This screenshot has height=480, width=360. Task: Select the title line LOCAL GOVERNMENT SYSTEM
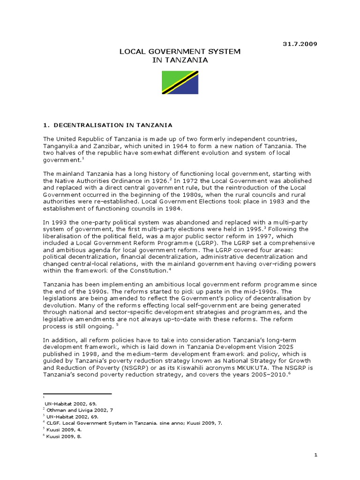tap(180, 52)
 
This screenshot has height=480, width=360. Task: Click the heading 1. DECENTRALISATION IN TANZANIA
tap(107, 125)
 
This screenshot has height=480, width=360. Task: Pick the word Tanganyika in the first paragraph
tap(61, 146)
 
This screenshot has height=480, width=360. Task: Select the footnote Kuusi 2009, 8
tap(63, 435)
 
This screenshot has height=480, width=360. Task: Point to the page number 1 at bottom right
tap(315, 455)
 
